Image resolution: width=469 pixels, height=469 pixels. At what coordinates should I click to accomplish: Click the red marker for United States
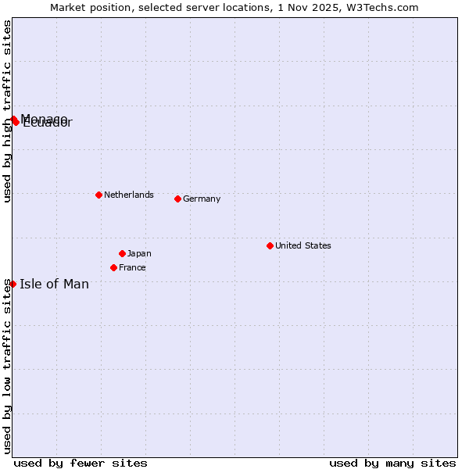270,245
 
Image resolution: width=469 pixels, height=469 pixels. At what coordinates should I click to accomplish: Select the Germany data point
177,199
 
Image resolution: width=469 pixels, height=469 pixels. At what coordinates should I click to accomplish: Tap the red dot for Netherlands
98,195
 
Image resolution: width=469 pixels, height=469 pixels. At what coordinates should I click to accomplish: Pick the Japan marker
122,253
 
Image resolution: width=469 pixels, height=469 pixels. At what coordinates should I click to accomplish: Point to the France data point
113,267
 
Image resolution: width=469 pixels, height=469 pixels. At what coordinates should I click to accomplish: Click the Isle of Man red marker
13,284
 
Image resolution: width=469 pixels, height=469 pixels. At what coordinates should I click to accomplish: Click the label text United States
303,245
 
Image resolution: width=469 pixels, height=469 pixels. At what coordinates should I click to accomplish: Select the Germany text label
202,199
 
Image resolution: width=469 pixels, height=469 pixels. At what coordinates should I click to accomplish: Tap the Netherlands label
128,195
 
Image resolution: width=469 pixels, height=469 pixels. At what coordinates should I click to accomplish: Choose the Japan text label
139,253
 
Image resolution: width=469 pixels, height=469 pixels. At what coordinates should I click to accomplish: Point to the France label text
132,267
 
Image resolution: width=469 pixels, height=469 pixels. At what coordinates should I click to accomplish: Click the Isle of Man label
54,284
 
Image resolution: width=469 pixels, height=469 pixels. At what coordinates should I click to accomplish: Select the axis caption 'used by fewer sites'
81,463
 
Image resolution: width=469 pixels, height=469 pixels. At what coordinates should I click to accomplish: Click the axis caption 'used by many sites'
392,463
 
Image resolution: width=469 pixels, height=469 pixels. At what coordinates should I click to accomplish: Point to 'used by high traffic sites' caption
7,111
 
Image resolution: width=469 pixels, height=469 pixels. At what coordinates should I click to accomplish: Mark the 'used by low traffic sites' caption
7,365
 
